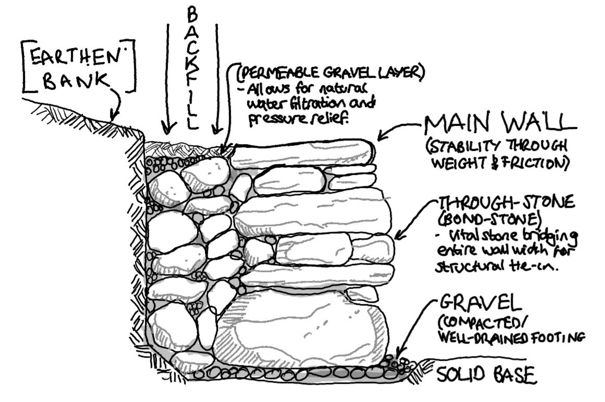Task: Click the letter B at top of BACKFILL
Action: (x=192, y=16)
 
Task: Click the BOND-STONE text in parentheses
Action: (x=489, y=219)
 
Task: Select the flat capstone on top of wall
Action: (x=303, y=155)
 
